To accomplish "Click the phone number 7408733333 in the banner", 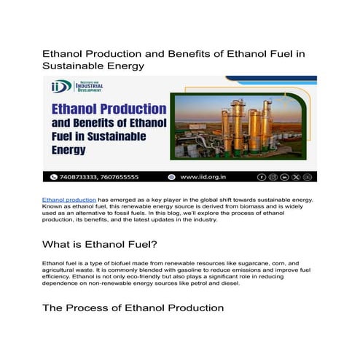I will point(86,177).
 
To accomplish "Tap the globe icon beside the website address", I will point(172,177).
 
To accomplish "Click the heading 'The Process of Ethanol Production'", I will point(133,308).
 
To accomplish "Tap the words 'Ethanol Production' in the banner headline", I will point(106,111).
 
